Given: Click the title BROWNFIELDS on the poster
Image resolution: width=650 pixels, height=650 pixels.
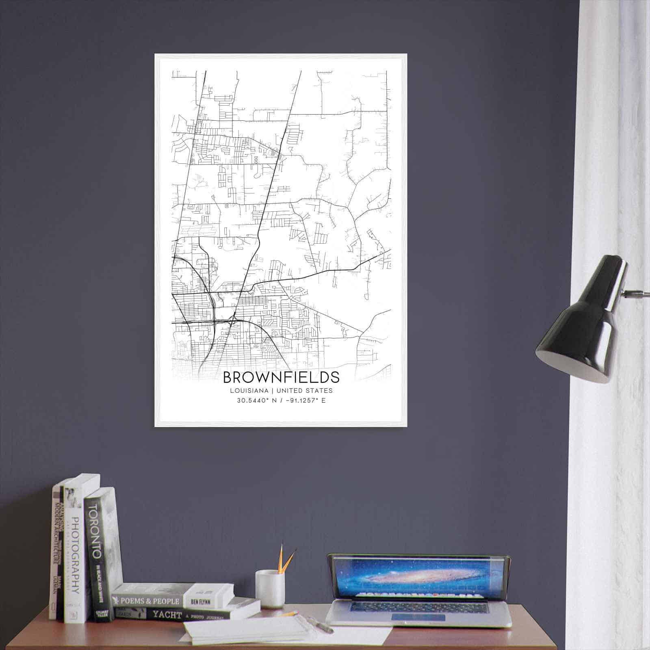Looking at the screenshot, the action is [x=281, y=377].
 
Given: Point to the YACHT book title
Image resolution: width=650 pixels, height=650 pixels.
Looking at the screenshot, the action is [x=167, y=615].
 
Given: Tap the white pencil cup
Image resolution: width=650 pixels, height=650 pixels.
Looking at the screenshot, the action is [x=269, y=588].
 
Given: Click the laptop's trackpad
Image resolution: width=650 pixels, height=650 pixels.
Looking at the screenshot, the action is [x=418, y=618].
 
